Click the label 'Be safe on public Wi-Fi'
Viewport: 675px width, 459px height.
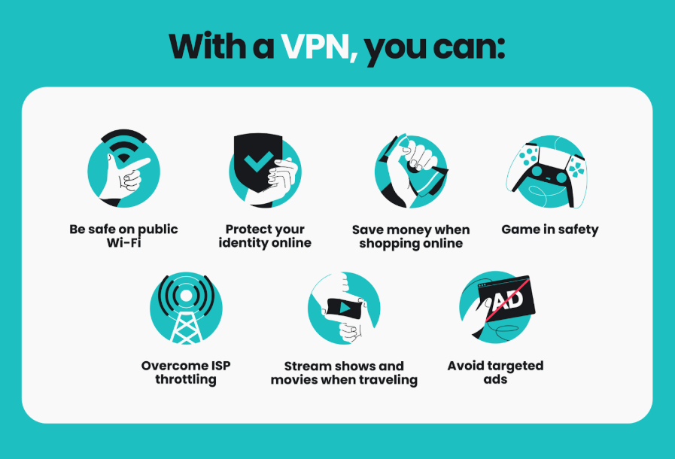[x=124, y=236]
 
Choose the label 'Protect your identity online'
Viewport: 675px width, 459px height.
[x=265, y=236]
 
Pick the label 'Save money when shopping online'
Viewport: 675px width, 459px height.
[x=411, y=236]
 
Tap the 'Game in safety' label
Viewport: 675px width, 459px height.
[x=550, y=229]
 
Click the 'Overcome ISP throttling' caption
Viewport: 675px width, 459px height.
[x=186, y=372]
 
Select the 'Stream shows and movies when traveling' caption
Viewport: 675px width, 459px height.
[x=344, y=372]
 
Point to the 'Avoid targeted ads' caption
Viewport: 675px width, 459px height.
[x=495, y=372]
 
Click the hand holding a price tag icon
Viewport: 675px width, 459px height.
[x=411, y=170]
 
